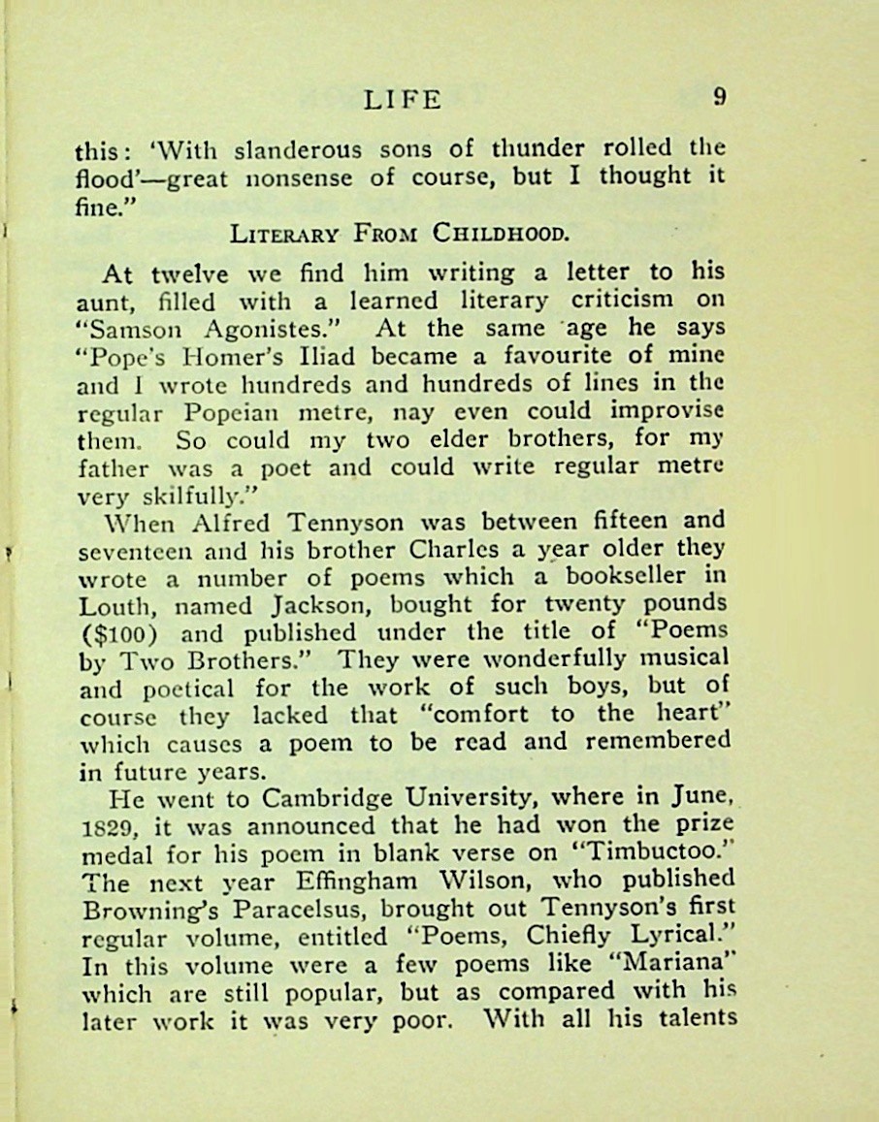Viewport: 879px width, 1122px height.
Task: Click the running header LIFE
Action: tap(402, 99)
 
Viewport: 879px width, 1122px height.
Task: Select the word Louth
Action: tap(114, 605)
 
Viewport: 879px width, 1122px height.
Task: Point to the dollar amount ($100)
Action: tap(117, 633)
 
